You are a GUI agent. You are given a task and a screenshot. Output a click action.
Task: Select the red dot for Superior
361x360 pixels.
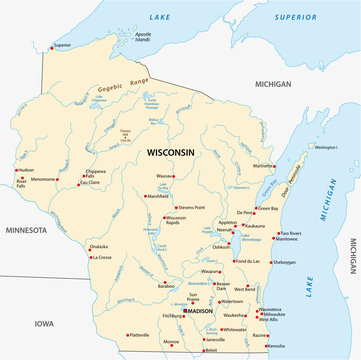(x=51, y=45)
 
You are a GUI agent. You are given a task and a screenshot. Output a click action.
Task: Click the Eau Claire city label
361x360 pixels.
(x=90, y=182)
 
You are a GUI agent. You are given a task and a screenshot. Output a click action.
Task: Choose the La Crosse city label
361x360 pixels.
(x=103, y=257)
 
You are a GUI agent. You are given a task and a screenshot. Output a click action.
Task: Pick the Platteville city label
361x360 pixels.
(x=137, y=335)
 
